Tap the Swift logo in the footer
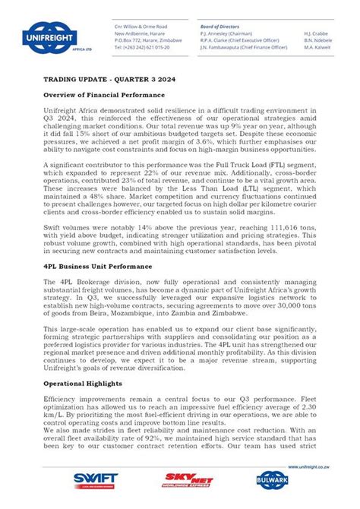point(95,479)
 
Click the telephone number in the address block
point(142,46)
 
